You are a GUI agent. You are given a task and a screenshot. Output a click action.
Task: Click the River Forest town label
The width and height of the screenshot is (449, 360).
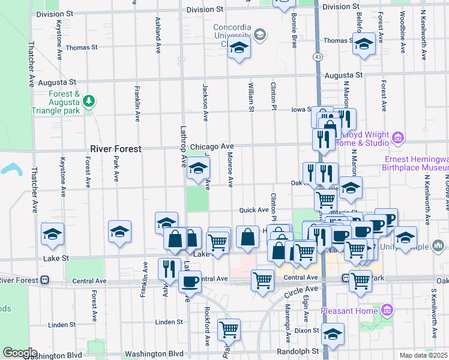tap(116, 149)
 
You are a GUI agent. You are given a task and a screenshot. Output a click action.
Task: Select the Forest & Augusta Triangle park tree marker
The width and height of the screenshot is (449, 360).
tap(89, 101)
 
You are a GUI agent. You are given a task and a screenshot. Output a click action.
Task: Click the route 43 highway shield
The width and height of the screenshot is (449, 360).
tap(318, 56)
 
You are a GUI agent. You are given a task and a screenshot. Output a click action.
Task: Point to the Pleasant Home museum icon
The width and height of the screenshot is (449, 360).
tap(387, 310)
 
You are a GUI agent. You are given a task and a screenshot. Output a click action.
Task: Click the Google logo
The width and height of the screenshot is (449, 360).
tap(20, 353)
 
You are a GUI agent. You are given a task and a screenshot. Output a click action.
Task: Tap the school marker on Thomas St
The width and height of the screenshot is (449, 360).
tap(364, 44)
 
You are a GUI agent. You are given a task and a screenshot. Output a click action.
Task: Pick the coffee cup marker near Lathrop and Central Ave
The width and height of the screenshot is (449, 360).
tap(190, 280)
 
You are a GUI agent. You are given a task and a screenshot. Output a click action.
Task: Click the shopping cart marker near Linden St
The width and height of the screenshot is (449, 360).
tap(229, 328)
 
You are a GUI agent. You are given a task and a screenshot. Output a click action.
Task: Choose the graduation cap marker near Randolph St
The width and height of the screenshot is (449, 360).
tap(332, 334)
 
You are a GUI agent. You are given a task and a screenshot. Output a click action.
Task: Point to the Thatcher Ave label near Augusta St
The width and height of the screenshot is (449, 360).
tap(31, 72)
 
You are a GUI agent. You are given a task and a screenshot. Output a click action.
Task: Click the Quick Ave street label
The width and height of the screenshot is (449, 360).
tap(253, 210)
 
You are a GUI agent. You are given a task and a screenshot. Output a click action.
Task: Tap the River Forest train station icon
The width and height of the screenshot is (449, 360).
tap(44, 280)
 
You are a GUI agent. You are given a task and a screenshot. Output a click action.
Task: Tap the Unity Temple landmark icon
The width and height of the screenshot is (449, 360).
tap(438, 245)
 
